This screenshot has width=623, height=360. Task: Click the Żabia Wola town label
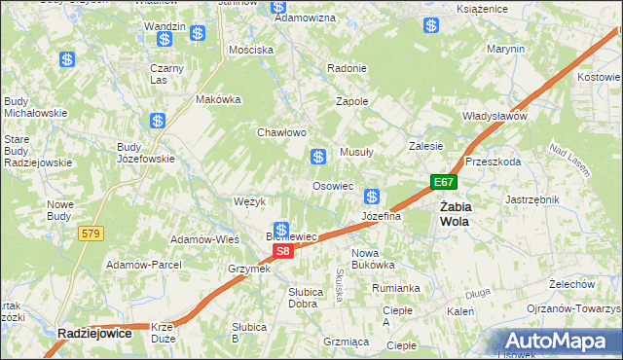tap(454, 213)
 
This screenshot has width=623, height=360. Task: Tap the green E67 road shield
tap(444, 182)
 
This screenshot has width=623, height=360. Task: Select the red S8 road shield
tap(281, 251)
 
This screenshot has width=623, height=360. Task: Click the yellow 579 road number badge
tap(92, 233)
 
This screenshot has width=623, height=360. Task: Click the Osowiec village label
tap(332, 186)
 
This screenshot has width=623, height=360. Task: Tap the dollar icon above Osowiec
tap(317, 156)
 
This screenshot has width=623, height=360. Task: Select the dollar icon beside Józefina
tap(372, 197)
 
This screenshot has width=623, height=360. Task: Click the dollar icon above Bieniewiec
tap(280, 230)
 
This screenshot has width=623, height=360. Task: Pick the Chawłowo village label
tap(281, 132)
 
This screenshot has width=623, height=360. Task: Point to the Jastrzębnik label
tap(531, 199)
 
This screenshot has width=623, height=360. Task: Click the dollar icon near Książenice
tap(430, 25)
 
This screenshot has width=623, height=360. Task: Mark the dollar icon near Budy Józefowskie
tap(158, 121)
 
